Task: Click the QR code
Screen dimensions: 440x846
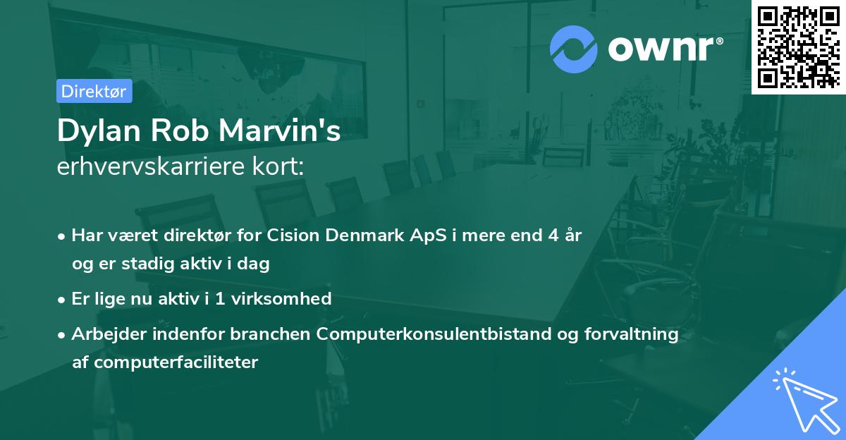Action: coord(798,47)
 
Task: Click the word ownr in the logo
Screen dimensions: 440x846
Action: coord(663,49)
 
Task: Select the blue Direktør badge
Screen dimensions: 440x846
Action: coord(94,91)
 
